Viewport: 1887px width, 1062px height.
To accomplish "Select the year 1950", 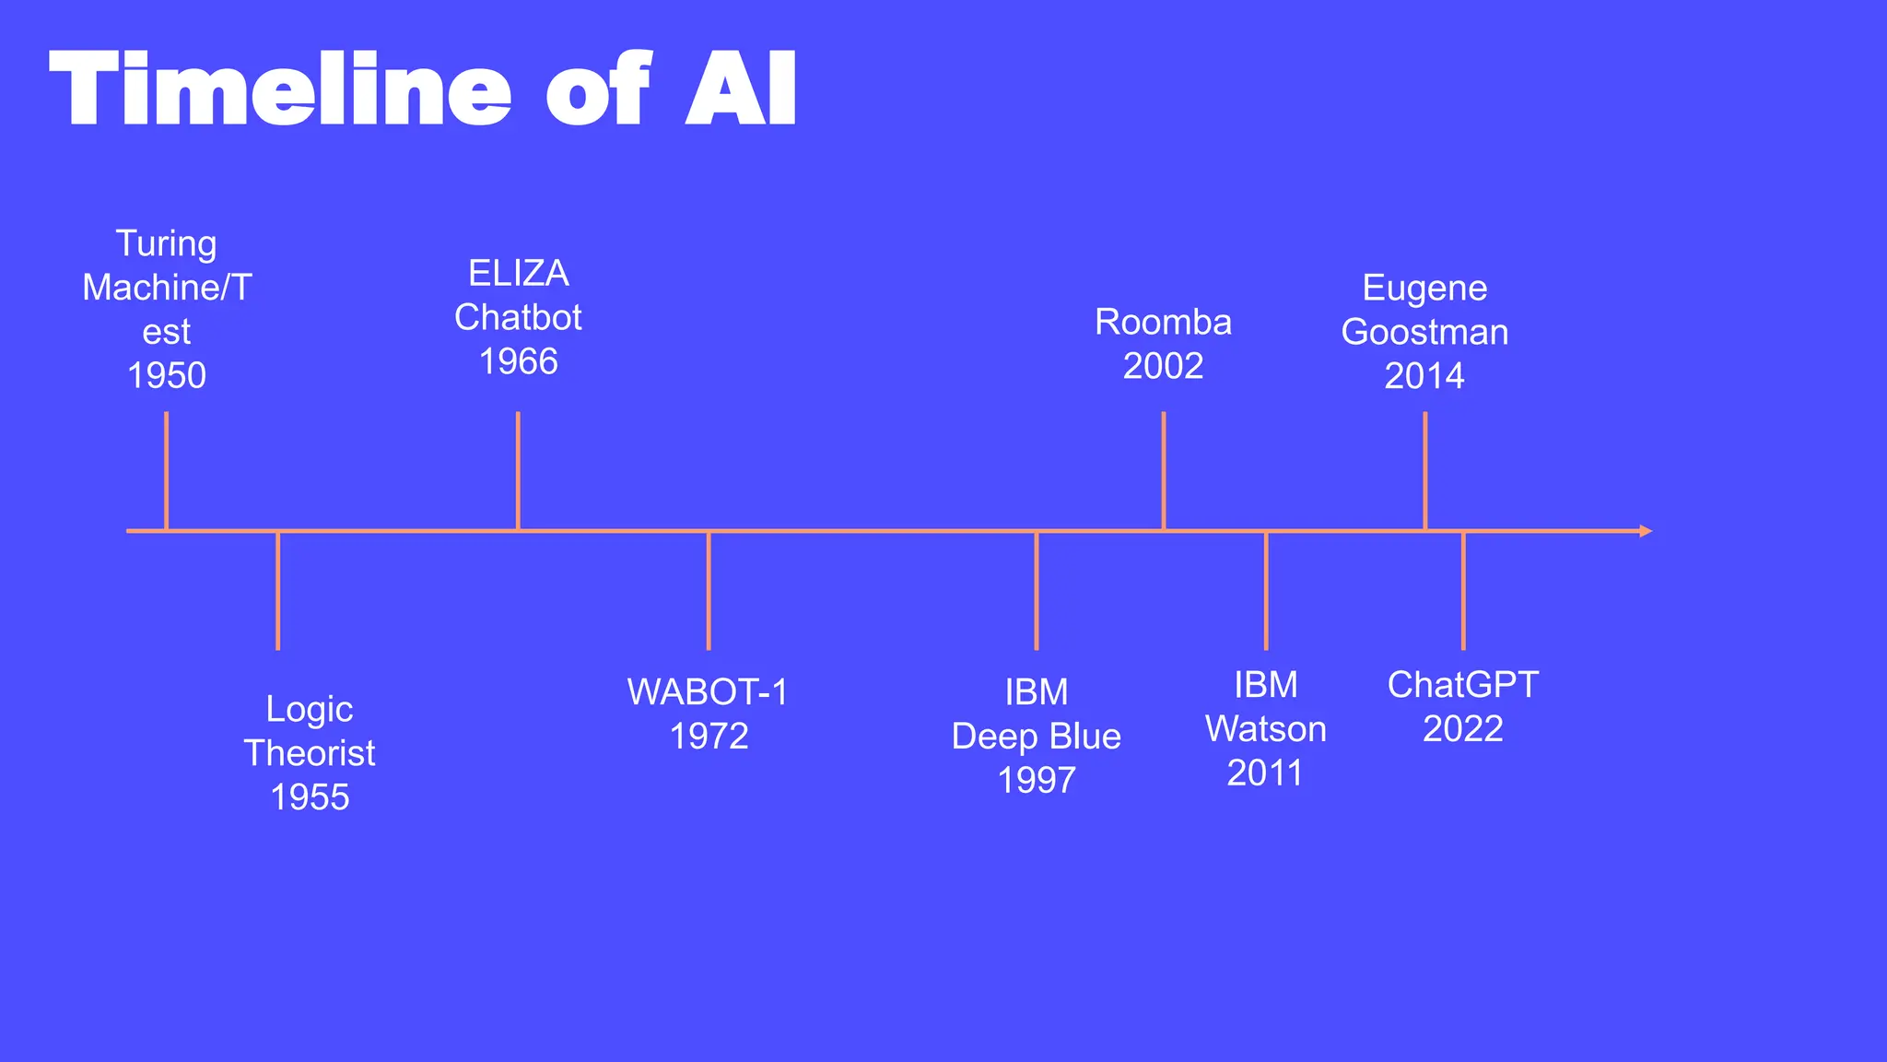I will point(167,376).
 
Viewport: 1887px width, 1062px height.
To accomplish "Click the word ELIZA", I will point(518,274).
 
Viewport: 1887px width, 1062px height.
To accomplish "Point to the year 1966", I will point(518,361).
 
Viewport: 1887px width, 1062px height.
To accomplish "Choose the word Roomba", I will point(1163,323).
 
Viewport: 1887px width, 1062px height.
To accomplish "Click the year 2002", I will point(1163,367).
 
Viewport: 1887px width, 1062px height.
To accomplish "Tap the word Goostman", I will point(1424,332).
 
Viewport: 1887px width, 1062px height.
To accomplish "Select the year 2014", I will point(1424,376).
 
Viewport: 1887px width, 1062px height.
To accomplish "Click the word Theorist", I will point(310,753).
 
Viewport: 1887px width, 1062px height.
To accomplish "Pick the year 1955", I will point(310,797).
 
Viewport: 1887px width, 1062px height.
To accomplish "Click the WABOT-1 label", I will point(708,692).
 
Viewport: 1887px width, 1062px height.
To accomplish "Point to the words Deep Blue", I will point(1036,737).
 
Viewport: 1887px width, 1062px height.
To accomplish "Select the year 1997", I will point(1036,781).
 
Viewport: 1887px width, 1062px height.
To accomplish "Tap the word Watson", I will point(1265,729).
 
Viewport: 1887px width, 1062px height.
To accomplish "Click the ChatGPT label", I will point(1462,685).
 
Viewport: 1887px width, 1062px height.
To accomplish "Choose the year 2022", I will point(1462,729).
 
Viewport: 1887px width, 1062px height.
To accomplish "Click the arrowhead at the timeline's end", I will point(1646,531).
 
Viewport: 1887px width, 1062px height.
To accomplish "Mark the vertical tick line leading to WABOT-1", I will point(709,591).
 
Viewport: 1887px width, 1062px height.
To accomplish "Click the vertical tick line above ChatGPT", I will point(1463,591).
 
